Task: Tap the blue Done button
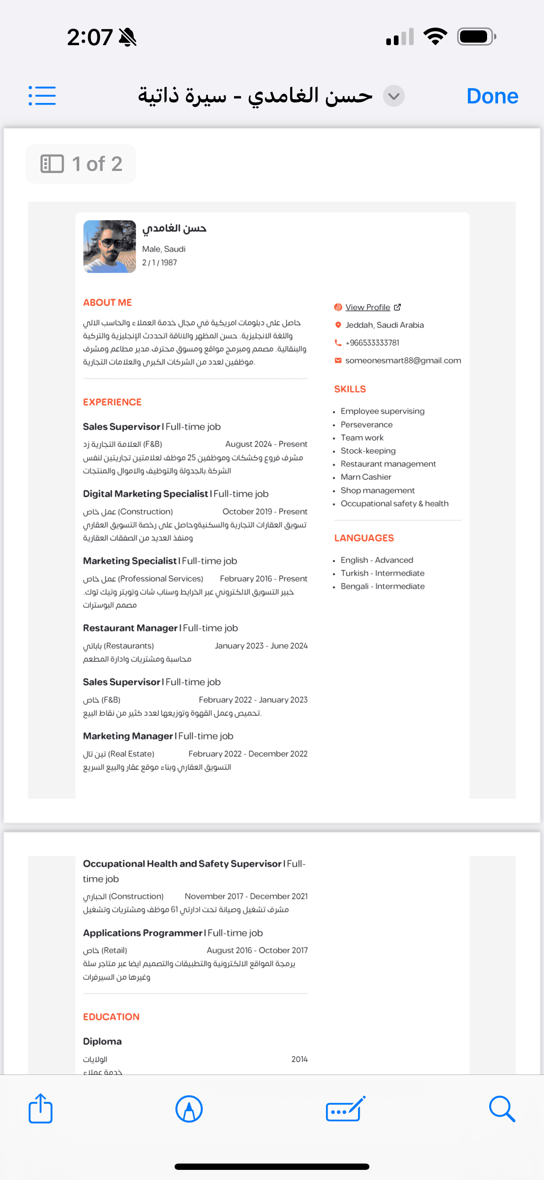(492, 96)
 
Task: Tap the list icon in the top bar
(42, 96)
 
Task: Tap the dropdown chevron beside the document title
(393, 96)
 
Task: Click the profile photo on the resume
(110, 246)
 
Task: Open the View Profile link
(367, 307)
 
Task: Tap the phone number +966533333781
(372, 343)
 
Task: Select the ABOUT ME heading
(107, 302)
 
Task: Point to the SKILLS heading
(350, 389)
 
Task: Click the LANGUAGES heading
(364, 538)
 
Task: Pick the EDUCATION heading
(111, 1017)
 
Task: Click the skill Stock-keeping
(368, 451)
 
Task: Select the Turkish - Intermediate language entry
(382, 573)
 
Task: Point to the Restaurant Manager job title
(130, 628)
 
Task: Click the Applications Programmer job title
(143, 933)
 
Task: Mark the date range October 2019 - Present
(265, 511)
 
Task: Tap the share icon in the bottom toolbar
(41, 1109)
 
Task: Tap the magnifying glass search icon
(501, 1109)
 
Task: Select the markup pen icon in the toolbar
(189, 1109)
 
